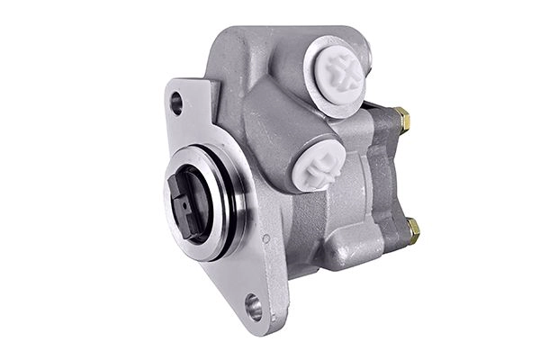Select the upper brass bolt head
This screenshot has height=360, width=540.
tap(400, 119)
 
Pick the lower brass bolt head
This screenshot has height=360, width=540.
tap(413, 230)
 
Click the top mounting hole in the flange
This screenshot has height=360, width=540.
tap(176, 103)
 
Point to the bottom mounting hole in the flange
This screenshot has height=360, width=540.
tap(255, 306)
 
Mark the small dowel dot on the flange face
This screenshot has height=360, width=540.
tap(266, 238)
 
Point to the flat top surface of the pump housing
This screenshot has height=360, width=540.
tap(270, 40)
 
